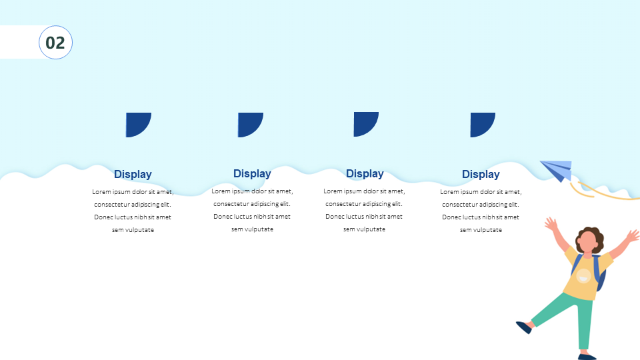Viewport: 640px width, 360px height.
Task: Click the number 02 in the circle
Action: [55, 43]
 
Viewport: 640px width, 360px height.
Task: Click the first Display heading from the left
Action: [133, 174]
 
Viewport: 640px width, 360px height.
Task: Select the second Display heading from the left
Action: [252, 173]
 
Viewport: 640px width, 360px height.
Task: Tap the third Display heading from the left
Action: [365, 173]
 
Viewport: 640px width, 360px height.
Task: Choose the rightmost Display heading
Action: [481, 174]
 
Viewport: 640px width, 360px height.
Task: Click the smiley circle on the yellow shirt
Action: [583, 276]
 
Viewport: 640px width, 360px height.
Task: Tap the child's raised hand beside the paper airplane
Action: [551, 225]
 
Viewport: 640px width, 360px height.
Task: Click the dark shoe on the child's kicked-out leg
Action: [524, 327]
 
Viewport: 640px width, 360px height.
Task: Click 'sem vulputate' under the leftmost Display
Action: [133, 230]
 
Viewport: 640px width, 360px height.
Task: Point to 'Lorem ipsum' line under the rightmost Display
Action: [481, 191]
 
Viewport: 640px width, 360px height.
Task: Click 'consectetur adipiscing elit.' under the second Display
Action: [252, 204]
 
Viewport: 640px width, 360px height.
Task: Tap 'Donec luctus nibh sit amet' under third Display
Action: [364, 216]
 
